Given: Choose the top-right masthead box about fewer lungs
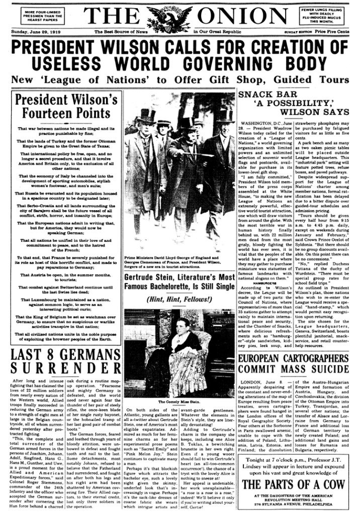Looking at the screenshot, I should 321,15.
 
